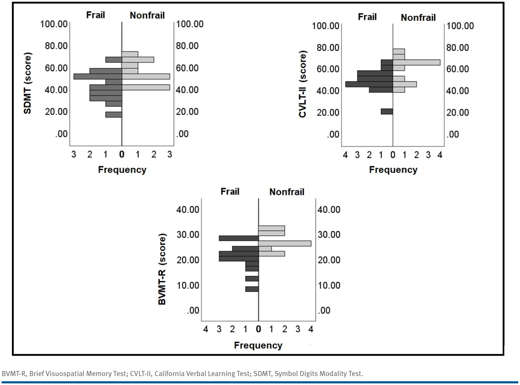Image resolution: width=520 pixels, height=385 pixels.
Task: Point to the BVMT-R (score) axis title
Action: point(162,269)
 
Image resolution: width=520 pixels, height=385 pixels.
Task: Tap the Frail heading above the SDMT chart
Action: point(95,15)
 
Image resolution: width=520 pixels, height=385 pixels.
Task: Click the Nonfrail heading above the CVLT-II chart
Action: point(418,18)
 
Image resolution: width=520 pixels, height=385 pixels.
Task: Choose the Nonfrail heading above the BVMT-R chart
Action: point(287,192)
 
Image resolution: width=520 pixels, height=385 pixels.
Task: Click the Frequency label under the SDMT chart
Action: point(122,170)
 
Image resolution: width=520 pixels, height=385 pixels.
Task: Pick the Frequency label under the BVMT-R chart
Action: point(258,346)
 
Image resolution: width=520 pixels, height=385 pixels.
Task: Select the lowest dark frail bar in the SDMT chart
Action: point(114,115)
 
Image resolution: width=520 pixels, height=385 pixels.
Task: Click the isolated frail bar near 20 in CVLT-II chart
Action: point(387,111)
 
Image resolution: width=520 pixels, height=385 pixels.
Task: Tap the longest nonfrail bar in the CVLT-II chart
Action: point(416,62)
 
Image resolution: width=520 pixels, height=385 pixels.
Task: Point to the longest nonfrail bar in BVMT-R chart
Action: point(285,243)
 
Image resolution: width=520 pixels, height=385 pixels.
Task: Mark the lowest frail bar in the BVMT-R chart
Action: point(252,289)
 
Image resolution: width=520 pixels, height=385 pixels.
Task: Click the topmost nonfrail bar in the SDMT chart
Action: point(130,54)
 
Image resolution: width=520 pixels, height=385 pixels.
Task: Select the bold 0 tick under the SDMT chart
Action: point(122,154)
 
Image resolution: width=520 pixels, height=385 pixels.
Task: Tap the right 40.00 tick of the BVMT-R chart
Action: point(329,210)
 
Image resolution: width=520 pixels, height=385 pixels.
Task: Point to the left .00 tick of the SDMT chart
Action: point(61,134)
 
